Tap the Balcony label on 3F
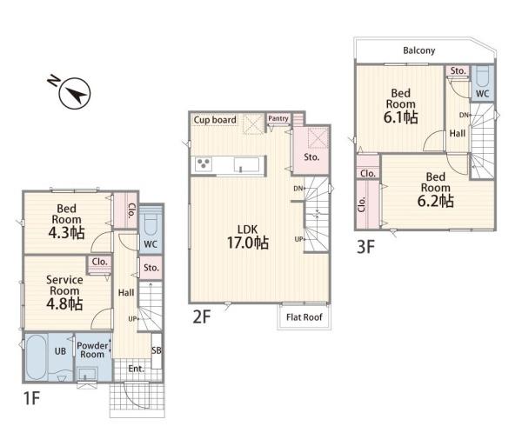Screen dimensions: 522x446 418,50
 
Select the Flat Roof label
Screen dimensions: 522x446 304,317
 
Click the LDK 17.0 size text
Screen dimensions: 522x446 248,243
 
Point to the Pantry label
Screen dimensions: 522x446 278,118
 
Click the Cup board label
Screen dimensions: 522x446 215,120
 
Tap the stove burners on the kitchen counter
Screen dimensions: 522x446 203,164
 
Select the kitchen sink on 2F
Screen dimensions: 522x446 246,164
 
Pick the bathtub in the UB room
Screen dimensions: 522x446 37,357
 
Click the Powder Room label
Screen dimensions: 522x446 92,349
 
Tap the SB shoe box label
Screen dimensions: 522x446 157,350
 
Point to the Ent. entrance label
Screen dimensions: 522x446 137,369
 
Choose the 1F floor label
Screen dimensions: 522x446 31,398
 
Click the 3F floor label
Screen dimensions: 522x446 366,247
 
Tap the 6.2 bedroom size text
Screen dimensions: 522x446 436,201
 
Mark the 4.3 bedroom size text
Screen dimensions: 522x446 67,233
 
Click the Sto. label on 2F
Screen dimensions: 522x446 311,157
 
